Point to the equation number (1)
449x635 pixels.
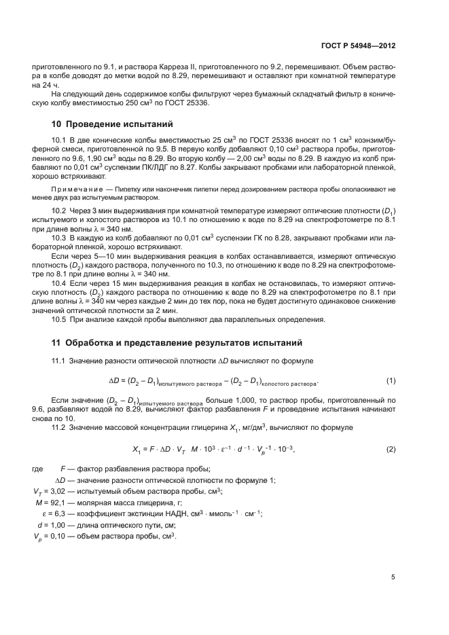pyautogui.click(x=391, y=380)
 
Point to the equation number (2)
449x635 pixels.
pyautogui.click(x=391, y=450)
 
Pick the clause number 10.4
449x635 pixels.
pyautogui.click(x=60, y=280)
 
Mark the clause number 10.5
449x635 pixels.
pyautogui.click(x=60, y=319)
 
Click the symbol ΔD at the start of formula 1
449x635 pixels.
pyautogui.click(x=114, y=380)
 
